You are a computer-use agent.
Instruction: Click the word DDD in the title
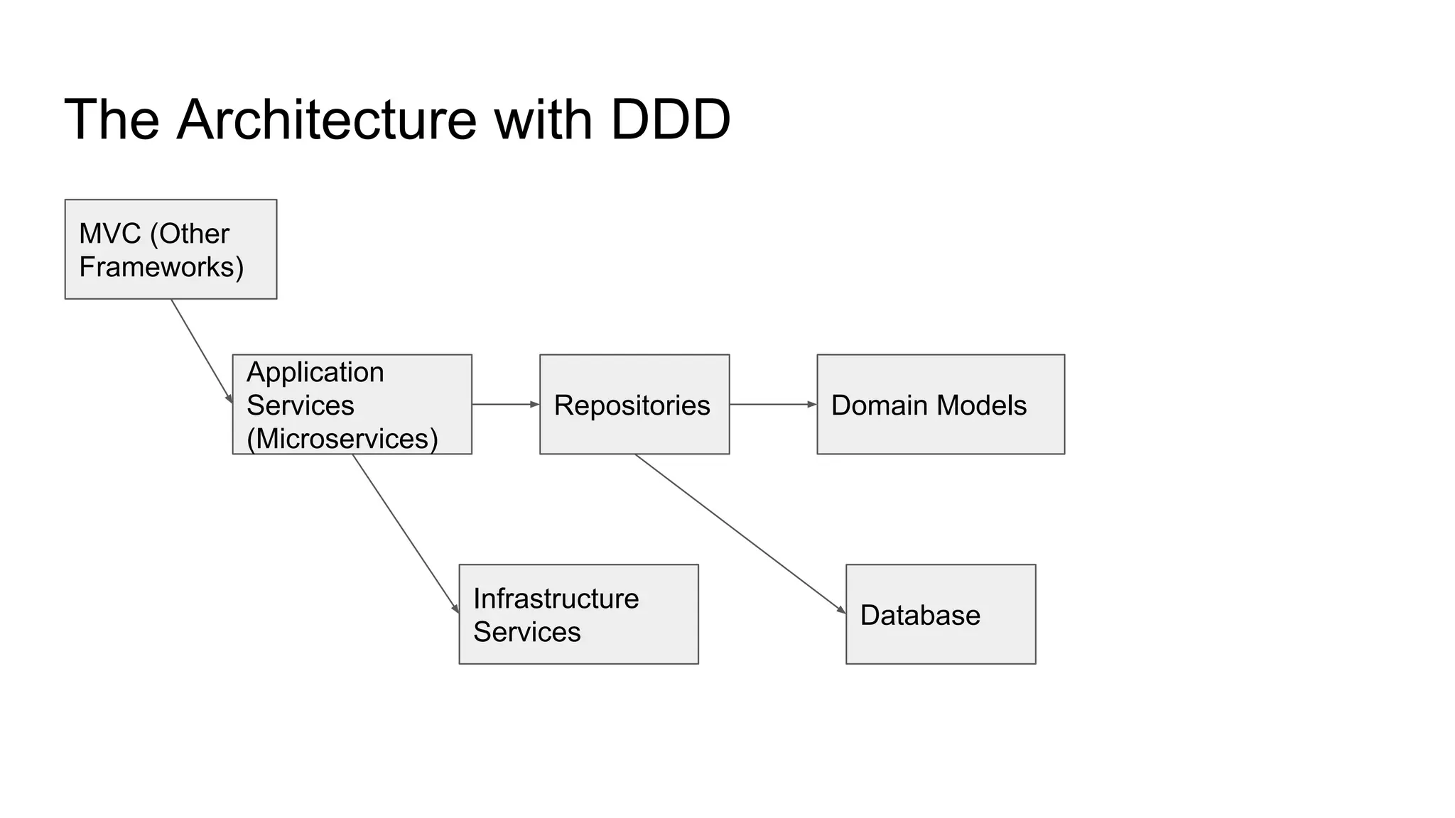pyautogui.click(x=670, y=120)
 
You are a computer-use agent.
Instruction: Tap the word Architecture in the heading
pyautogui.click(x=327, y=120)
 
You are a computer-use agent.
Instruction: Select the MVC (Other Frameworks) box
pyautogui.click(x=171, y=249)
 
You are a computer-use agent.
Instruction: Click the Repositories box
pyautogui.click(x=634, y=405)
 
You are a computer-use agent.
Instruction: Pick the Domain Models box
pyautogui.click(x=941, y=405)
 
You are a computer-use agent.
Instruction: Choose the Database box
pyautogui.click(x=941, y=614)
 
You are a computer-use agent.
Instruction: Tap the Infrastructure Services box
pyautogui.click(x=578, y=614)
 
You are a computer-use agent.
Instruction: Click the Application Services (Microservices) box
pyautogui.click(x=352, y=405)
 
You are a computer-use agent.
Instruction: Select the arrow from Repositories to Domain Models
pyautogui.click(x=773, y=405)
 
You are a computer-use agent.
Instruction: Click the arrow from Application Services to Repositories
pyautogui.click(x=505, y=405)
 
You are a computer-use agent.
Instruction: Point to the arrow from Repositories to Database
pyautogui.click(x=739, y=533)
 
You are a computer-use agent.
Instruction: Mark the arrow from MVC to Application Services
pyautogui.click(x=201, y=351)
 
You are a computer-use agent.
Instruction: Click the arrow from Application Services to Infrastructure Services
pyautogui.click(x=405, y=533)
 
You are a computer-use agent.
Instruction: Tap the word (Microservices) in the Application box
pyautogui.click(x=342, y=439)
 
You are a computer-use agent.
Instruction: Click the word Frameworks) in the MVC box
pyautogui.click(x=161, y=268)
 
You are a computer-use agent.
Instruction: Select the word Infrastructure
pyautogui.click(x=556, y=599)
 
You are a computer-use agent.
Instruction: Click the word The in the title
pyautogui.click(x=112, y=120)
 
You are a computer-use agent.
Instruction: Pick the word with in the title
pyautogui.click(x=543, y=120)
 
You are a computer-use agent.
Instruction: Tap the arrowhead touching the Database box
pyautogui.click(x=841, y=610)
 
